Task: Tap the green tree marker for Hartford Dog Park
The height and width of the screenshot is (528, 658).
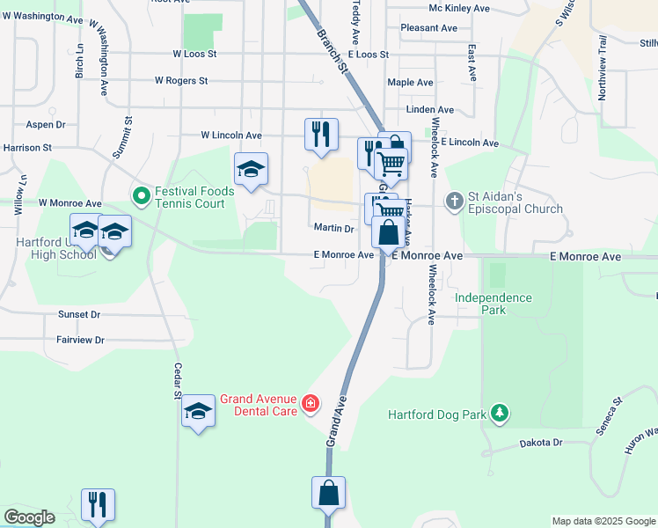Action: [500, 413]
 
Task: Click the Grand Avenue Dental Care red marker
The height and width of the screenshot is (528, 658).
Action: [310, 404]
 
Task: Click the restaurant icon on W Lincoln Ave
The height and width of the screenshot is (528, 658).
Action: [321, 135]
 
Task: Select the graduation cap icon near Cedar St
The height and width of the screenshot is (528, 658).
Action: [198, 410]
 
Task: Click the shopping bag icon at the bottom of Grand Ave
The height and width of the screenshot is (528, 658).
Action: [328, 493]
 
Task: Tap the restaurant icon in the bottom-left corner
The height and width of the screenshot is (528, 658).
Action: [98, 505]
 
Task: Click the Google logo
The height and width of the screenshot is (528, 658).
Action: [29, 517]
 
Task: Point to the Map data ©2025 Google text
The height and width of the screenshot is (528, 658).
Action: [603, 521]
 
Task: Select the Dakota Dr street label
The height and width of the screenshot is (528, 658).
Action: [541, 443]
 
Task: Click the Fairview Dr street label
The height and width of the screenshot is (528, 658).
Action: [80, 340]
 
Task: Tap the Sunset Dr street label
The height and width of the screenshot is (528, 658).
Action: [79, 314]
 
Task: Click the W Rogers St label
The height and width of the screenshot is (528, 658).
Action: [180, 81]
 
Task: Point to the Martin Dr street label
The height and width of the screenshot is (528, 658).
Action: [333, 228]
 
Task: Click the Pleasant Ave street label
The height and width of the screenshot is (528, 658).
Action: [428, 28]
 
